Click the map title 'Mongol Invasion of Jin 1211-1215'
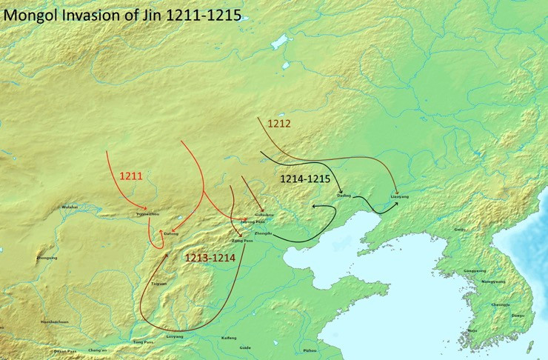pyautogui.click(x=122, y=14)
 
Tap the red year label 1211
pyautogui.click(x=132, y=176)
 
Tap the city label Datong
pyautogui.click(x=171, y=233)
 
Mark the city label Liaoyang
pyautogui.click(x=399, y=195)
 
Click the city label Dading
pyautogui.click(x=343, y=195)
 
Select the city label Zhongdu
pyautogui.click(x=264, y=233)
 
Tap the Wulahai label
pyautogui.click(x=69, y=207)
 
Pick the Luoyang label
pyautogui.click(x=175, y=336)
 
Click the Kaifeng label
pyautogui.click(x=209, y=337)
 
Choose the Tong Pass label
pyautogui.click(x=143, y=342)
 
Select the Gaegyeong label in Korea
pyautogui.click(x=475, y=270)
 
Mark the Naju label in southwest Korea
pyautogui.click(x=472, y=330)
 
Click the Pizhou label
pyautogui.click(x=310, y=350)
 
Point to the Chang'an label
pyautogui.click(x=98, y=350)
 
